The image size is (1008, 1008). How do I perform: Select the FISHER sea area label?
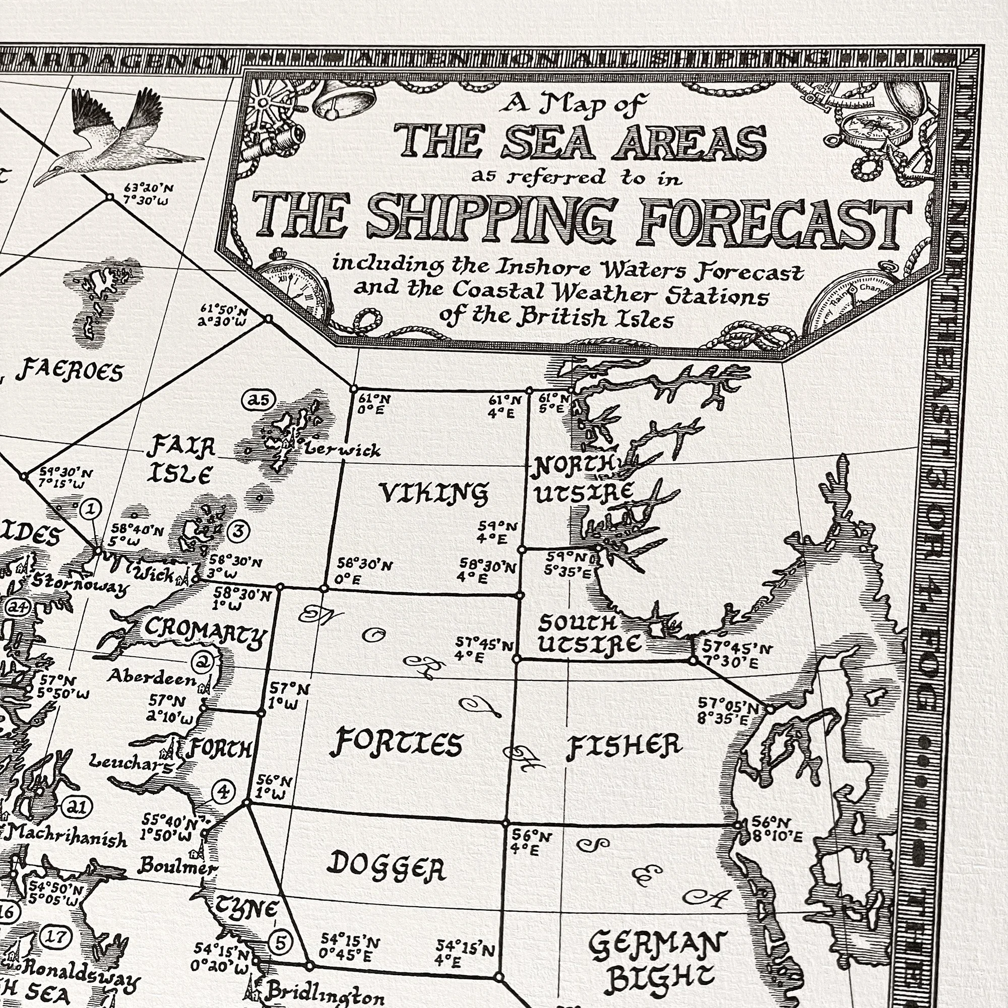(x=624, y=746)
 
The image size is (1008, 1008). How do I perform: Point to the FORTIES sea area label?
(x=396, y=743)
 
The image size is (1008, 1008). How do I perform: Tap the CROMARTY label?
(x=206, y=633)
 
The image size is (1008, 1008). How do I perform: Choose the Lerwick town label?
(x=342, y=449)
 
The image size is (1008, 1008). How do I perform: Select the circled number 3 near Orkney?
(x=239, y=531)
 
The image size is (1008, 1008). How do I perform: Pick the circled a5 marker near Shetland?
(x=258, y=400)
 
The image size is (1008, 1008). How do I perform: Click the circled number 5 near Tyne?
(x=280, y=958)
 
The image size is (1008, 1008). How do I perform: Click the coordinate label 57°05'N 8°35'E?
(x=727, y=711)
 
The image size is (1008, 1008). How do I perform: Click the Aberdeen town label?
(x=151, y=677)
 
